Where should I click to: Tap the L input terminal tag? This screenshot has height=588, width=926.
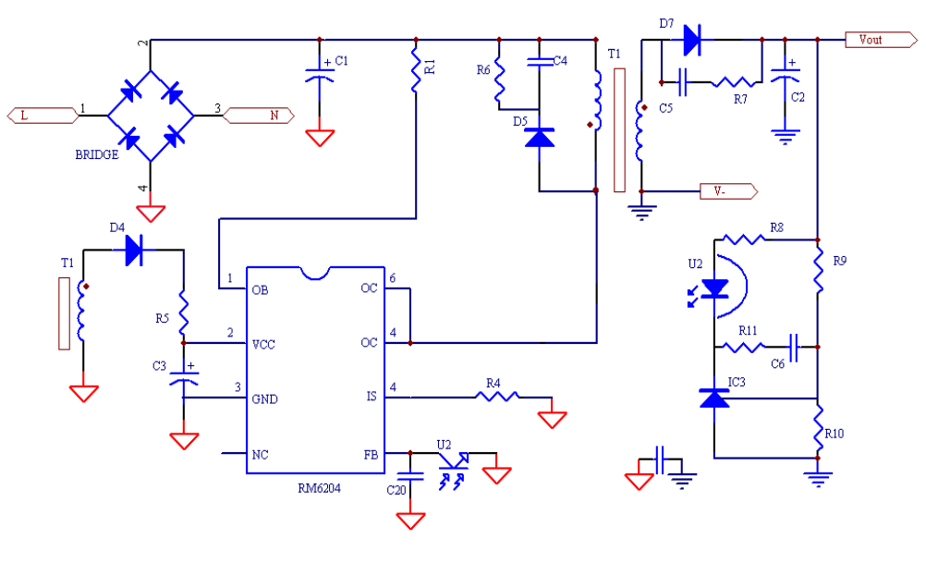click(41, 115)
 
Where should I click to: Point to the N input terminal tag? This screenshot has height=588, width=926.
click(260, 115)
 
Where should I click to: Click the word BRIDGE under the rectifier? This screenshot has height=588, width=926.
click(96, 154)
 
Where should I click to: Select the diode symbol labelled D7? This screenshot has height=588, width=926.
click(690, 40)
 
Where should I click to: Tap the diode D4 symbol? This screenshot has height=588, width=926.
click(135, 250)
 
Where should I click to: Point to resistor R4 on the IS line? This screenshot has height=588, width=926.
click(497, 397)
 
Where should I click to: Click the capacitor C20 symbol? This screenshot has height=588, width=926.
click(410, 477)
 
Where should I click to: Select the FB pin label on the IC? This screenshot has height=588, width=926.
click(370, 454)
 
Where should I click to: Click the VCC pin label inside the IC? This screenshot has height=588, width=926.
click(263, 344)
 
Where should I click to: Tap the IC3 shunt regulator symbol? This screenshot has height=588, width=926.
click(713, 398)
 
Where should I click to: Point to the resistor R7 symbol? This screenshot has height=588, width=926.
click(735, 82)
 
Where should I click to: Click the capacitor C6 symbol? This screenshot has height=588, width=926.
click(793, 348)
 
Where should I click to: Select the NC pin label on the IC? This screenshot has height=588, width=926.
click(261, 454)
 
